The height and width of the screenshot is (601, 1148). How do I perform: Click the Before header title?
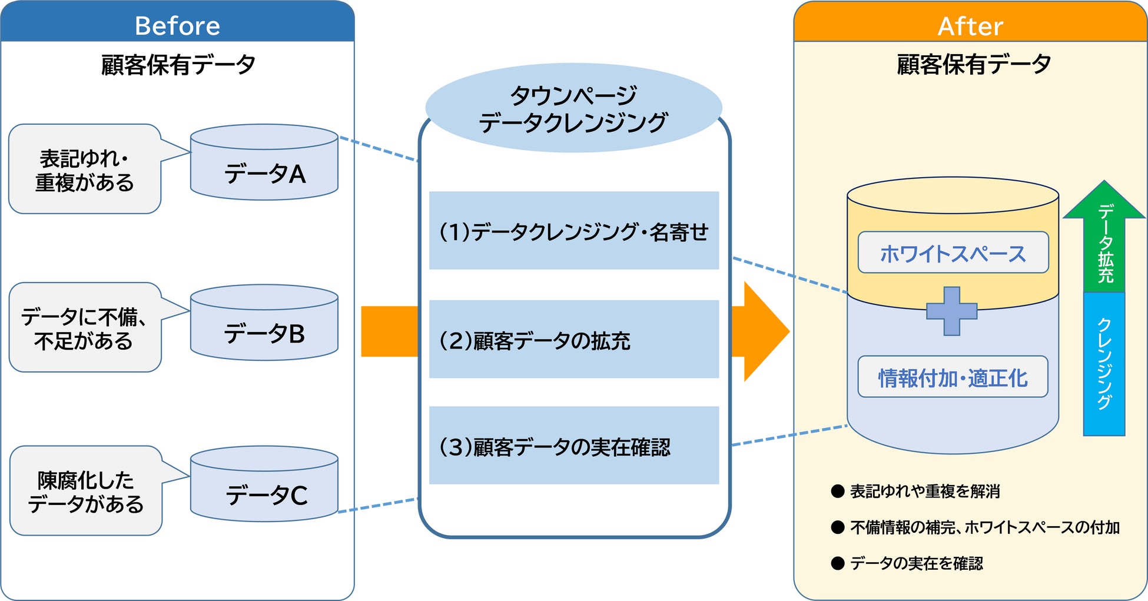tap(177, 26)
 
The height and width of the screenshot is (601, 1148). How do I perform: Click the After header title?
tap(970, 26)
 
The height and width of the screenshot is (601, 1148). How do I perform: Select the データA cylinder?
tap(264, 168)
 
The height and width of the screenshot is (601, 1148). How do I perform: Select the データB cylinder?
tap(264, 328)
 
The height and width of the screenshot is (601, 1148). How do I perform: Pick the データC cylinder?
tap(264, 489)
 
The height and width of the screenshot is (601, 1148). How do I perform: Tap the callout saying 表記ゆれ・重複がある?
tap(84, 170)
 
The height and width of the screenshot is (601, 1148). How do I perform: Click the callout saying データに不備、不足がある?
tap(84, 328)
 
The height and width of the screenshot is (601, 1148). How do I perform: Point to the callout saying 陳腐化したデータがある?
tap(85, 491)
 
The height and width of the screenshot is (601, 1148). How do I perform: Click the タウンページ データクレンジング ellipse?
tap(573, 108)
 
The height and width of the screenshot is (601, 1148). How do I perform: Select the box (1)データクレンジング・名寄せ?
tap(574, 231)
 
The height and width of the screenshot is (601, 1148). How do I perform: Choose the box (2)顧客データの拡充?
tap(574, 340)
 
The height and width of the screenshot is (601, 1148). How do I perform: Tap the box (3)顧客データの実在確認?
tap(574, 446)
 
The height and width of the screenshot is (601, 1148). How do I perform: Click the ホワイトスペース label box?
tap(953, 253)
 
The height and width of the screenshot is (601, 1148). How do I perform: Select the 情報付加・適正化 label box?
tap(953, 377)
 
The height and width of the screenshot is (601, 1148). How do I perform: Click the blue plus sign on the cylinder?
tap(952, 311)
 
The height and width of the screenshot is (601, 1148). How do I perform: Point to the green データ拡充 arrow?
tap(1104, 241)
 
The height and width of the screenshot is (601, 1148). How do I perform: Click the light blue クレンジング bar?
tap(1104, 364)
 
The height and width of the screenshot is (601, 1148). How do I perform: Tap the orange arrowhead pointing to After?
tap(763, 331)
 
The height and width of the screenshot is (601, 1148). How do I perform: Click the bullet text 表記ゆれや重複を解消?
tap(924, 492)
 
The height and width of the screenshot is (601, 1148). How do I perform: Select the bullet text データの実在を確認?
tap(916, 563)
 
